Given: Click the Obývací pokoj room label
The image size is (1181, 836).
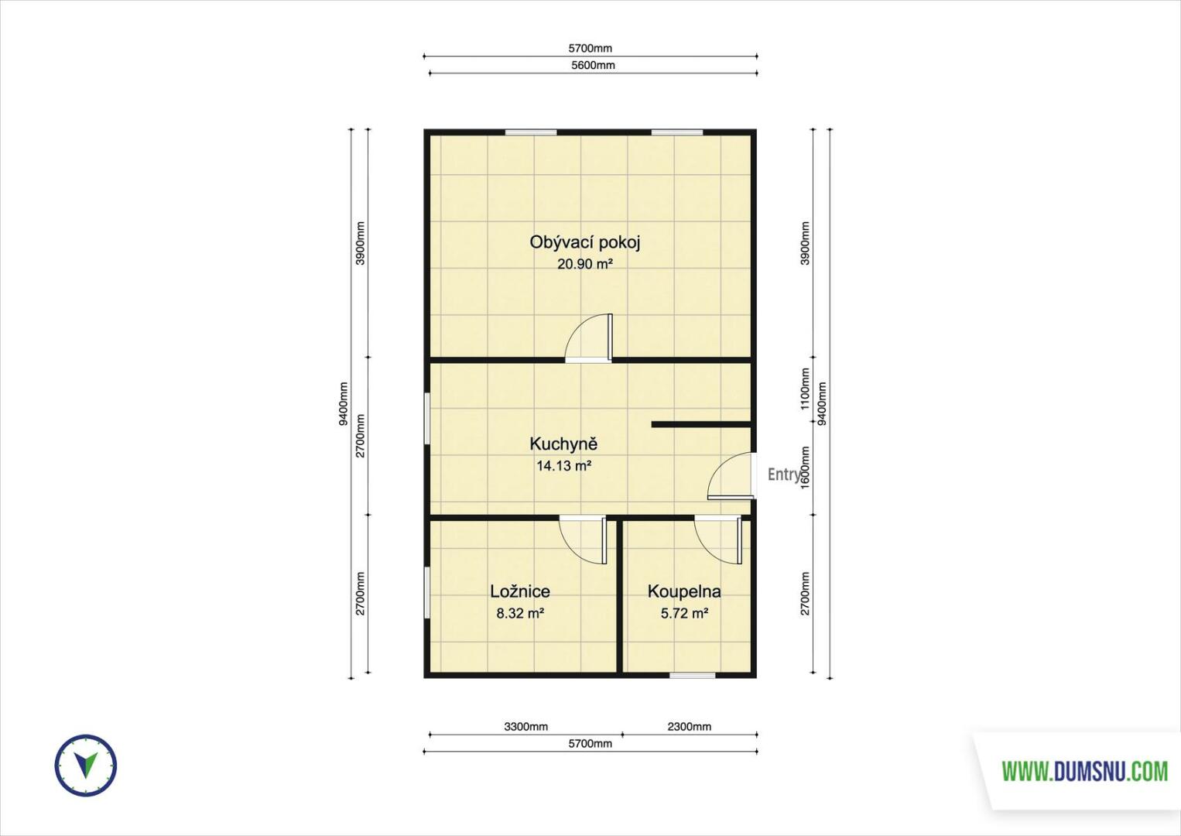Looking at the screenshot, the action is [585, 242].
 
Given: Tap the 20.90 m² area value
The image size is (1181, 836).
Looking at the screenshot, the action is [585, 264].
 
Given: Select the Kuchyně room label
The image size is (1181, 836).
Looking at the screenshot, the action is [563, 444].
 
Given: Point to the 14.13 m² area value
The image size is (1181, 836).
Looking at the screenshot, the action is [563, 466].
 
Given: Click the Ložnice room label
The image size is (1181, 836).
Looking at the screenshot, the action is [520, 591].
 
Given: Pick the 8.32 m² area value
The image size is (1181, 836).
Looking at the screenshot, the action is [520, 613].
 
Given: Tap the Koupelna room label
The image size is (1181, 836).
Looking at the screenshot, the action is [684, 592].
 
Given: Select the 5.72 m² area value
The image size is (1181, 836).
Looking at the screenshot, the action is [684, 613].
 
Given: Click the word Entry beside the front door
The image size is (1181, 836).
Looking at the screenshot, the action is [783, 475].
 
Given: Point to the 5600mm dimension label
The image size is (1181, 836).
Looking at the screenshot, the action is [593, 65].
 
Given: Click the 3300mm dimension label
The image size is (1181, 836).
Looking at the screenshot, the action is [525, 727].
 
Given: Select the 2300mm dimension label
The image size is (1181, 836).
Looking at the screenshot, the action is [689, 727].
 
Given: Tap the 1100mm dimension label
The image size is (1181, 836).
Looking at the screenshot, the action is [805, 389].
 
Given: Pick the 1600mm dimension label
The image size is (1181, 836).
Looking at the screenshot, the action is [805, 468].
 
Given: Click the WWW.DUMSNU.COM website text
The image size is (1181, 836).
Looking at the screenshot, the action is [1085, 772].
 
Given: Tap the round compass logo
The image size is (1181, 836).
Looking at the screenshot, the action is [85, 766].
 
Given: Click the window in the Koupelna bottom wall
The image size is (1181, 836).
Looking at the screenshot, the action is [692, 675].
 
